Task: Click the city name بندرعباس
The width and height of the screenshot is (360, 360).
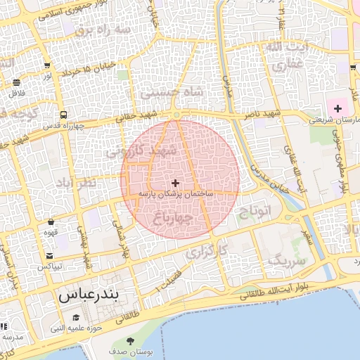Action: pos(88,295)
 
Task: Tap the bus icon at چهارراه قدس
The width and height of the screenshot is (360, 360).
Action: pos(64,115)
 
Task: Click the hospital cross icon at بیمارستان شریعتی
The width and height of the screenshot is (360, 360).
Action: pos(338,108)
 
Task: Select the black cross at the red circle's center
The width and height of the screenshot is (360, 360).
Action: pos(175,183)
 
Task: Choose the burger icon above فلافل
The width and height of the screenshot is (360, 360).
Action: pos(15,82)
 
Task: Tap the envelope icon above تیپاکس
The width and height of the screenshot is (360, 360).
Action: pos(49,255)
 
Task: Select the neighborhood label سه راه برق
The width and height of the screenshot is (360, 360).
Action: pos(103,30)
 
